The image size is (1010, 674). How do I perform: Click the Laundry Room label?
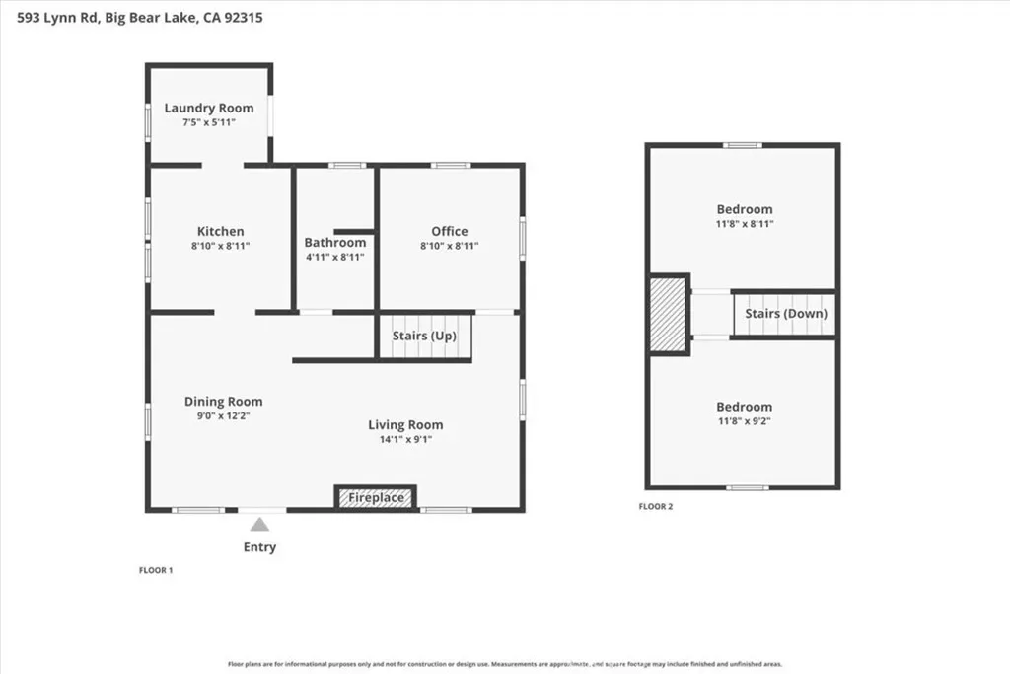209,108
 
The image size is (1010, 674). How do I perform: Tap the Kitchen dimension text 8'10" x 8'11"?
220,246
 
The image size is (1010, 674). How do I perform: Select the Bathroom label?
335,243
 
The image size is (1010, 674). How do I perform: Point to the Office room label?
450,231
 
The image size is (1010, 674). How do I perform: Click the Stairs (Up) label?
424,336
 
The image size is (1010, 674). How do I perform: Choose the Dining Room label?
224,402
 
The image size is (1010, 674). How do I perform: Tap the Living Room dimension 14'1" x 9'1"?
405,439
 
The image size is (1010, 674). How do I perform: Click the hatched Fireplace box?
376,497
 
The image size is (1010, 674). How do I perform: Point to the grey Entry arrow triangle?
259,525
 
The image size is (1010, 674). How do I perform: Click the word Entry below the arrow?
259,547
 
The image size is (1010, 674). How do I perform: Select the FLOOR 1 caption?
156,570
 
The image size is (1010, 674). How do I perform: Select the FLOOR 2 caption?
656,506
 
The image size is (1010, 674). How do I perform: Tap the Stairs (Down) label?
786,314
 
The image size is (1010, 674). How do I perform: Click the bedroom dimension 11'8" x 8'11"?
745,224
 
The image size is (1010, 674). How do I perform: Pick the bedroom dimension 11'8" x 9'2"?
744,420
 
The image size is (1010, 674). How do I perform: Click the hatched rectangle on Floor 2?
668,314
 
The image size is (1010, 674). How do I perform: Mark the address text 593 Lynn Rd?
56,18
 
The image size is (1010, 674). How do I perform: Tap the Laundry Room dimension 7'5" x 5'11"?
209,122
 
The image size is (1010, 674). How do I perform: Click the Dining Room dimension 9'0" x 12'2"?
224,415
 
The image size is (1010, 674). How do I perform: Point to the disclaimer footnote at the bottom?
505,664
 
